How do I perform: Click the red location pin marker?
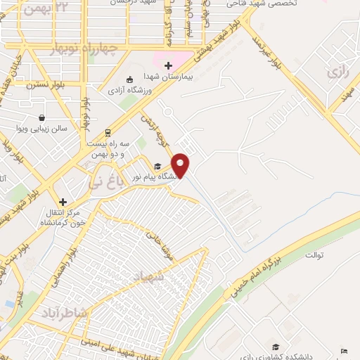click(181, 165)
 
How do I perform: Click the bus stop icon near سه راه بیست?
click(107, 131)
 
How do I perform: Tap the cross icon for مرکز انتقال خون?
click(63, 201)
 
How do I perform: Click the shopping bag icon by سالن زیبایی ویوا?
click(43, 117)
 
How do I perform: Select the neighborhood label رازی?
click(336, 72)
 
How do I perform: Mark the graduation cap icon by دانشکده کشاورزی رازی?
click(276, 347)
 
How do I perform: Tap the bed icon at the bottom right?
click(343, 351)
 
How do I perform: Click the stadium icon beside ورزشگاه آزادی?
click(129, 79)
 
